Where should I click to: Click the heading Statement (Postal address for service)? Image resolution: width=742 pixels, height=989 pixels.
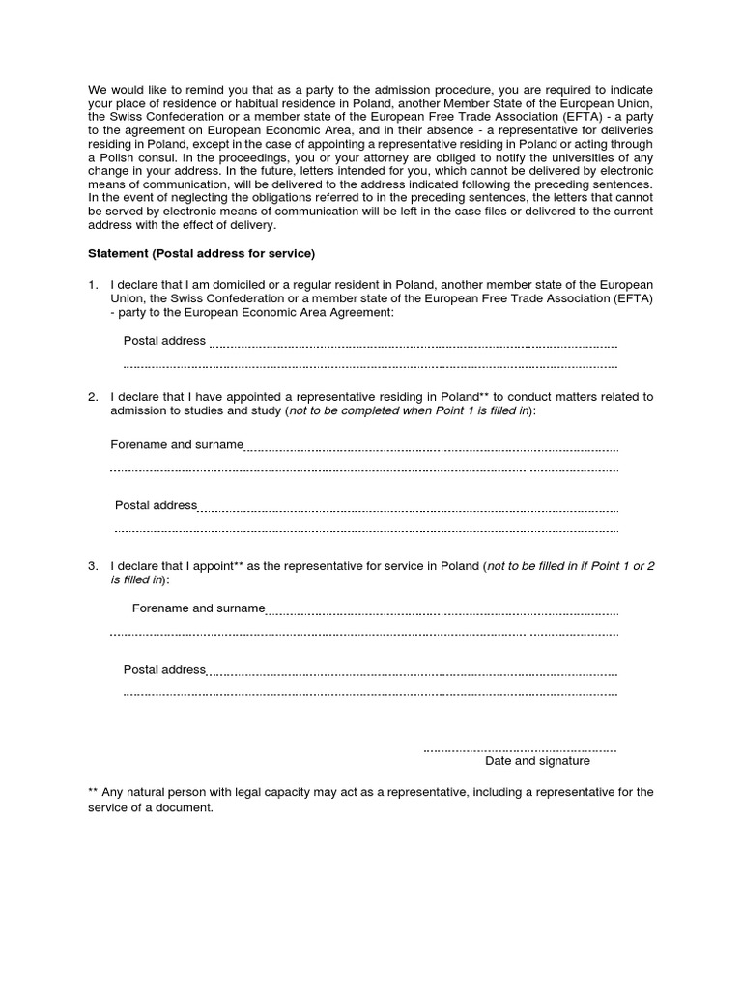tap(201, 254)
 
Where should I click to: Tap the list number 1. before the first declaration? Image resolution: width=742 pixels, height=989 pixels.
tap(93, 285)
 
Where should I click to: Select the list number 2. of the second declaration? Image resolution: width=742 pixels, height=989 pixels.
tap(93, 397)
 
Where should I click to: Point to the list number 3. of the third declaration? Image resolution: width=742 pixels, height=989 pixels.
tap(93, 565)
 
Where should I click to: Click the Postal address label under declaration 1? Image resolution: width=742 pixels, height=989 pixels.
tap(164, 340)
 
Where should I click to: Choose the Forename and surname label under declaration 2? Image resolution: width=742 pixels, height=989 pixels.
tap(177, 444)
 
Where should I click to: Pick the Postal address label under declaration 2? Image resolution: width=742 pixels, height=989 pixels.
tap(156, 505)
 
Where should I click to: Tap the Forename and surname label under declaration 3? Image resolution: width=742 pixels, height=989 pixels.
tap(198, 608)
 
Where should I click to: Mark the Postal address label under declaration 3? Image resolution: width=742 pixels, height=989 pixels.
tap(164, 669)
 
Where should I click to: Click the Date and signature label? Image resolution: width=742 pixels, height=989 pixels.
tap(537, 761)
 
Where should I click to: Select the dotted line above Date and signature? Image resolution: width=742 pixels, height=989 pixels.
tap(520, 749)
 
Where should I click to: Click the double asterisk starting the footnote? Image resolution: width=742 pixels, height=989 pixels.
tap(93, 791)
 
